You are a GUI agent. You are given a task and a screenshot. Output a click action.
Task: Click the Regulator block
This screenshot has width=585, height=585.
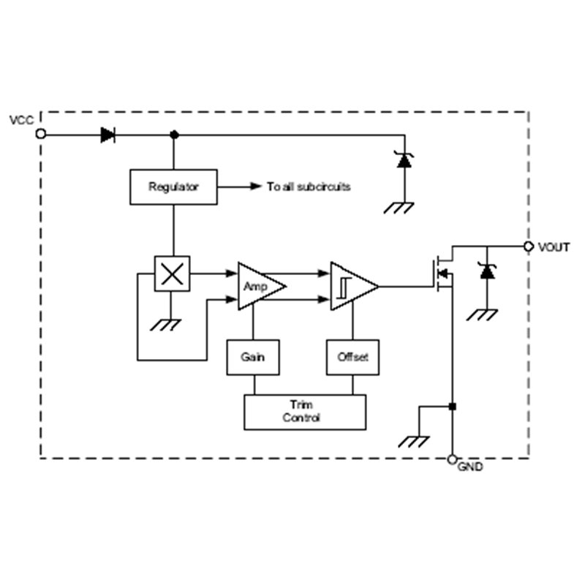[173, 187]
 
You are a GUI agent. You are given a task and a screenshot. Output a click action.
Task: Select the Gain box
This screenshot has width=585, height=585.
[253, 357]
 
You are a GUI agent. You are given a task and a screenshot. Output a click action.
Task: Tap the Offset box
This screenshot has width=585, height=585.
[352, 357]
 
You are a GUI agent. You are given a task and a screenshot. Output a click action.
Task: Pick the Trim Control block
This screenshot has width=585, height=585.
[305, 412]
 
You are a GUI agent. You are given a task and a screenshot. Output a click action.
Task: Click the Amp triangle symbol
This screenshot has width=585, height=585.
[261, 287]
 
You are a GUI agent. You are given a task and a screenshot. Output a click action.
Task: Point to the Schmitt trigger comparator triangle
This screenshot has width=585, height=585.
[354, 287]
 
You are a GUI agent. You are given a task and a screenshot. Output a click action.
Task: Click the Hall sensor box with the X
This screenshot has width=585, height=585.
[172, 273]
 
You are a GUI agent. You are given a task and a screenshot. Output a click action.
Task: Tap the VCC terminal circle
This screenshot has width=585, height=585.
[41, 134]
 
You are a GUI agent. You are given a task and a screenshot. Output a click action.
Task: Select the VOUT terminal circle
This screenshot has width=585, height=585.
[528, 246]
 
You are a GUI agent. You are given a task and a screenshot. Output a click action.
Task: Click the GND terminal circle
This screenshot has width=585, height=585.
[452, 459]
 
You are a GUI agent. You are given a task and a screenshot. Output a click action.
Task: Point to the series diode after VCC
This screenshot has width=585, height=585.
[107, 135]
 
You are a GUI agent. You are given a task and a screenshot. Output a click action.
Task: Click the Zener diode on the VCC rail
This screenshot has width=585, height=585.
[404, 160]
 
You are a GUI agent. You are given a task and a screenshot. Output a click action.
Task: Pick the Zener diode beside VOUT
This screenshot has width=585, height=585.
[487, 271]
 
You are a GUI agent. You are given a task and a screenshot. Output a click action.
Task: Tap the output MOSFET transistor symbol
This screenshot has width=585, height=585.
[443, 273]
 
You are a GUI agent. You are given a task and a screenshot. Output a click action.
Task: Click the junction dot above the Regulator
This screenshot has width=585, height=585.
[174, 135]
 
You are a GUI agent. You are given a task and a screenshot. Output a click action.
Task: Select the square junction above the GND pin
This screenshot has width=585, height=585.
[452, 407]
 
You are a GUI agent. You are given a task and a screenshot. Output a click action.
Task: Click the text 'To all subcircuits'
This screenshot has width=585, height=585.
[309, 186]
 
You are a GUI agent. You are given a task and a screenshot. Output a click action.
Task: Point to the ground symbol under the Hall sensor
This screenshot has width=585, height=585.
[165, 325]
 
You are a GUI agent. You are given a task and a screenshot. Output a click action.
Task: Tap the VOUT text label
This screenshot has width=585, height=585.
[554, 247]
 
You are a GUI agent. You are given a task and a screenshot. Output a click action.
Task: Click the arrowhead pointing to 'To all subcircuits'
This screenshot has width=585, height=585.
[256, 186]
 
